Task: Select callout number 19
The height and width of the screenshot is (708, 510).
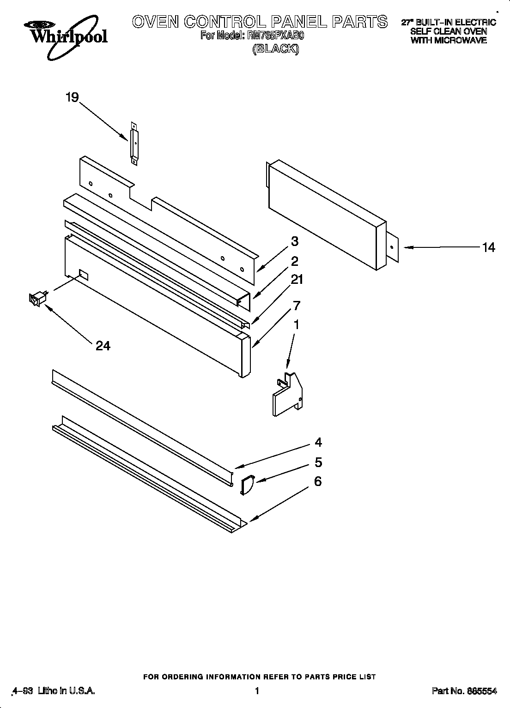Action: coord(72,97)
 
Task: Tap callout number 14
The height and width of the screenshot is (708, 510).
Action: coord(488,247)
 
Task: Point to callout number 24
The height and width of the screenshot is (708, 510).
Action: coord(103,346)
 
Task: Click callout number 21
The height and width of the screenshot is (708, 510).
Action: coord(297,280)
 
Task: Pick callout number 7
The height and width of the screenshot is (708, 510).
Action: coord(296,305)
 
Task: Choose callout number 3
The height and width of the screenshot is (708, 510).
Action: coord(294,241)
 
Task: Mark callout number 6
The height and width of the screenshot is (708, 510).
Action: coord(317,481)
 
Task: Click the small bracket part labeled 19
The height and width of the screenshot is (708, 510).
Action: coord(134,143)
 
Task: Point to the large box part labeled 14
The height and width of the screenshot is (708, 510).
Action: coord(326,215)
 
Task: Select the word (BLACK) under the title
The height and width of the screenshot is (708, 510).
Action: coord(275,49)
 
